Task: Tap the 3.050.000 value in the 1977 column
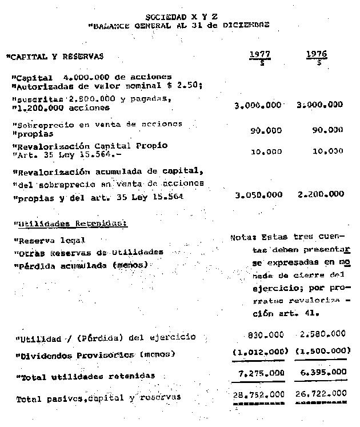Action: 259,194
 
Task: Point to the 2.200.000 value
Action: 321,194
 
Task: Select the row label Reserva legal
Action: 51,241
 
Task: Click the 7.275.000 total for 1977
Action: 261,373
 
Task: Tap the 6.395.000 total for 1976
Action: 322,373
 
